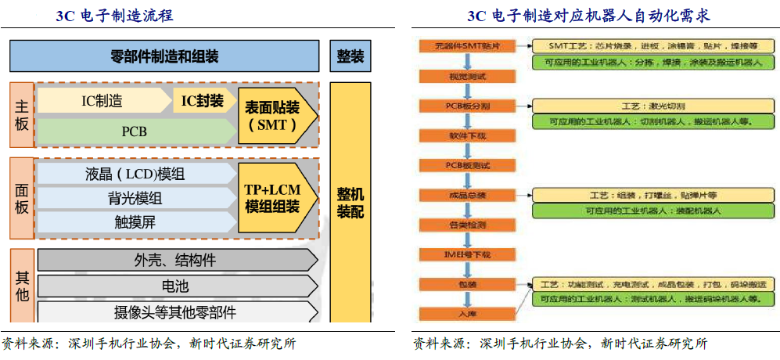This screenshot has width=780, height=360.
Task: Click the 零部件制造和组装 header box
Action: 164,56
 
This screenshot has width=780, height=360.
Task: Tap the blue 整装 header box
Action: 350,56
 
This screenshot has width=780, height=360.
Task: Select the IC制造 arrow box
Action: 102,100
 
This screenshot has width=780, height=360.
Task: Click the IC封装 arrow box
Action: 202,100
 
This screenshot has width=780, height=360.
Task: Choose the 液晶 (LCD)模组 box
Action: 135,173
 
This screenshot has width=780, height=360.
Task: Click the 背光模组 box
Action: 135,198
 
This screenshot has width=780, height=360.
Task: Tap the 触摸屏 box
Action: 135,221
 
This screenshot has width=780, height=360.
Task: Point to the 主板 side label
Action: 22,115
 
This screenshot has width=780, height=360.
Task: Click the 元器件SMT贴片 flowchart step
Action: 467,46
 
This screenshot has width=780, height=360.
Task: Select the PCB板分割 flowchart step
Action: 467,105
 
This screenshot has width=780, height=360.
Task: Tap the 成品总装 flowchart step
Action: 467,194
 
